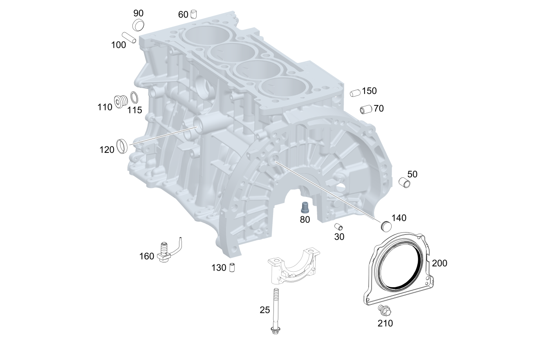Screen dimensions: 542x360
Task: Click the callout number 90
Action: click(139, 13)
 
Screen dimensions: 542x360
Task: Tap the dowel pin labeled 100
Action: click(129, 38)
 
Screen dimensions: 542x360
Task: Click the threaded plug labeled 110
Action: click(121, 101)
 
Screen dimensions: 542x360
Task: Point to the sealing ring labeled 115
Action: click(134, 98)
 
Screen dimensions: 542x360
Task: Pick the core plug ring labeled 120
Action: click(122, 146)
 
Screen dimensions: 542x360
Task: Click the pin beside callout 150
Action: click(355, 93)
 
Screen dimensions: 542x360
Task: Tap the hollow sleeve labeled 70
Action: click(366, 110)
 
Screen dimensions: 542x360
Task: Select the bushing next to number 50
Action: click(404, 183)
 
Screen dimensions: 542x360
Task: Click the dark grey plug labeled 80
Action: click(305, 208)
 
